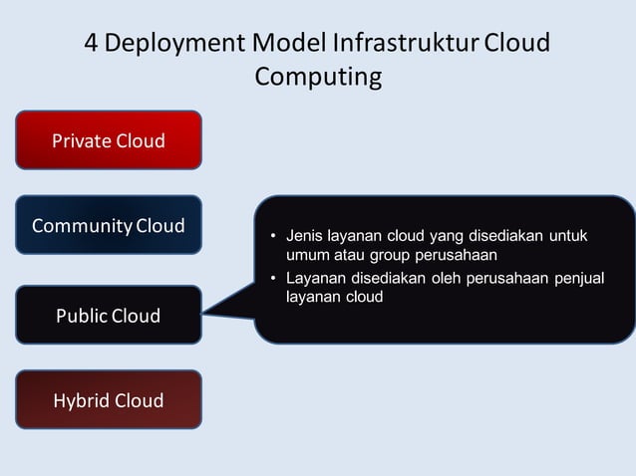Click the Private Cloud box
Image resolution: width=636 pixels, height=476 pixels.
109,139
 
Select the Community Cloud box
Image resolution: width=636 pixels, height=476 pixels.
109,225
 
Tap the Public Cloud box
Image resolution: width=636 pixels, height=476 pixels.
109,316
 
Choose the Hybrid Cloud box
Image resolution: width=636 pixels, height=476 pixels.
109,400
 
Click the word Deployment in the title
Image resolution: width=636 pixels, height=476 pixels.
174,45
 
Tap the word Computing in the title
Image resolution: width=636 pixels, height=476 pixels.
318,77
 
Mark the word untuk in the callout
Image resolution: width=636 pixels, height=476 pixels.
567,237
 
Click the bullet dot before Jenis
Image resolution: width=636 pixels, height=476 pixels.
273,238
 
